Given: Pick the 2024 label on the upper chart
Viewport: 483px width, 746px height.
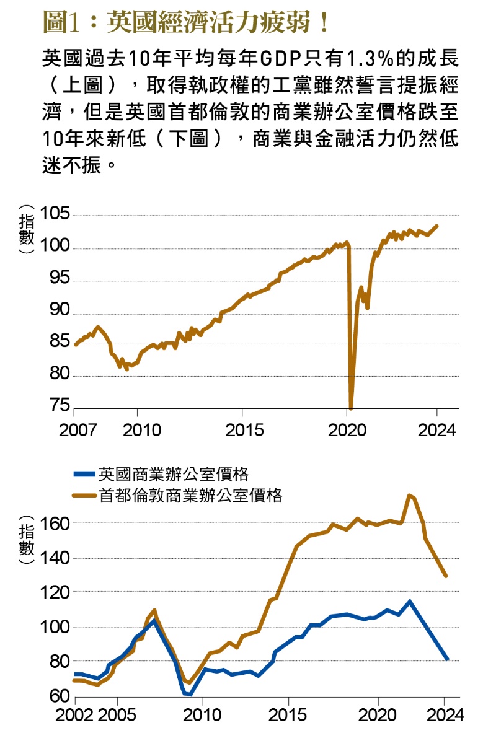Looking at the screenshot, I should [x=437, y=429].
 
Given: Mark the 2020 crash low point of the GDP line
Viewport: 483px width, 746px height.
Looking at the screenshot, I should [x=351, y=408].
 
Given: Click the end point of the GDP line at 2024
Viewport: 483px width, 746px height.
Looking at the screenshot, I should [x=436, y=226].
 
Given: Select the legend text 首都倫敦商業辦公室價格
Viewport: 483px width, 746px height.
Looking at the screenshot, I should [x=190, y=496].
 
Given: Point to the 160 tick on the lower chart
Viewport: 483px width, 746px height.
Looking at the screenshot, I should [x=54, y=523].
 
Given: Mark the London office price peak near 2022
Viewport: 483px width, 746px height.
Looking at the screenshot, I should [x=409, y=495].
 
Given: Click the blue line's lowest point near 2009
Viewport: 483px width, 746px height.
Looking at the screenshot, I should [x=190, y=694].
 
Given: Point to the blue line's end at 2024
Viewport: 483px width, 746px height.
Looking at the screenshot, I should [x=446, y=659].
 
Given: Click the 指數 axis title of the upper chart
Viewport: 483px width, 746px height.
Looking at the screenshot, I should [x=26, y=229].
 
